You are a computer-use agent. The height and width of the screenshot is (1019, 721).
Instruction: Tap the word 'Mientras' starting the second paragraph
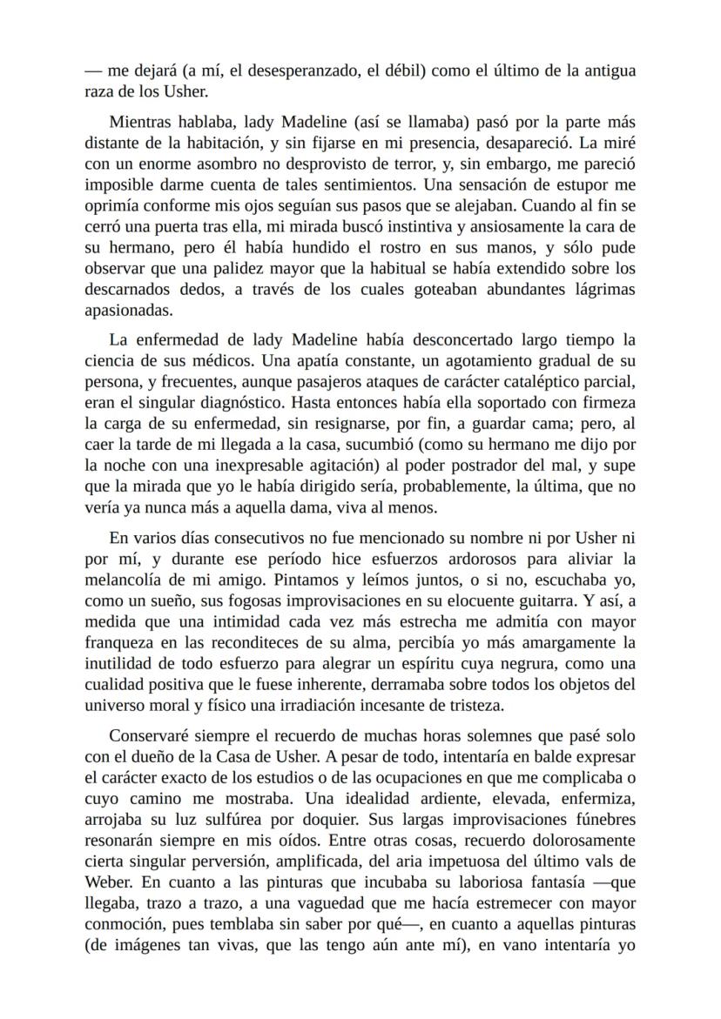click(140, 122)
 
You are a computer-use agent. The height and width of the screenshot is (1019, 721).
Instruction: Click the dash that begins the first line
click(94, 71)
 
